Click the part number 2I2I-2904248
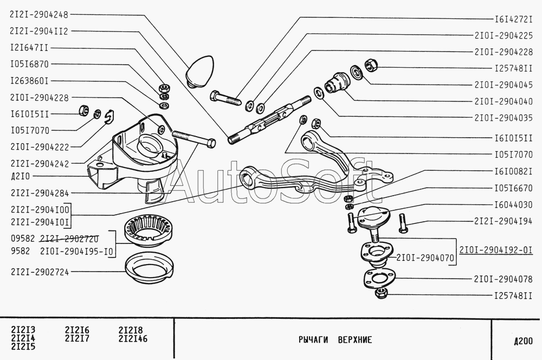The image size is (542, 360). tap(39, 15)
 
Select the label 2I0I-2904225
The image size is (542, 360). tap(504, 36)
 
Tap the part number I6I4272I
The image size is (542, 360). tap(514, 20)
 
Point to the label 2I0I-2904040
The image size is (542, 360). tap(504, 102)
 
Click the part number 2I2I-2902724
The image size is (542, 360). tap(40, 272)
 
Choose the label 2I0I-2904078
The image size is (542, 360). tap(503, 279)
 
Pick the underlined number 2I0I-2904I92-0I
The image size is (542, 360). tap(496, 250)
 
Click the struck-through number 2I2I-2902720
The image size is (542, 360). tap(69, 239)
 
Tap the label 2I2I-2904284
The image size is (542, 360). tap(40, 193)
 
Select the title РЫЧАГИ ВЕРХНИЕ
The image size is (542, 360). tap(335, 340)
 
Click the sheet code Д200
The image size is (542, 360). tap(523, 342)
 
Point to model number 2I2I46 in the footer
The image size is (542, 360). tap(133, 338)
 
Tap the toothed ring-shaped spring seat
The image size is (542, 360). tap(149, 230)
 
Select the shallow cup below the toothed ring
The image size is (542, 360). tap(149, 268)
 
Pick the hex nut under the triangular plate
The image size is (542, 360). tap(381, 293)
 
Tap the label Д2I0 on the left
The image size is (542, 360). tap(21, 176)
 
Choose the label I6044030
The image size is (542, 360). tap(514, 205)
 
